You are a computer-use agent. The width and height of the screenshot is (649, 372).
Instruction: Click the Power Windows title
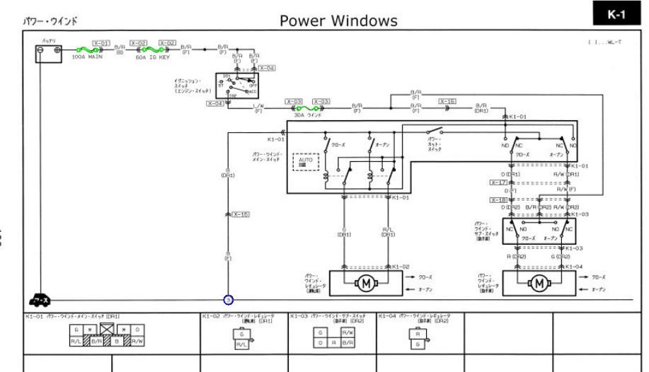tap(338, 21)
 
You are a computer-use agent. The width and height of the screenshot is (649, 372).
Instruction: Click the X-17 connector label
tap(499, 182)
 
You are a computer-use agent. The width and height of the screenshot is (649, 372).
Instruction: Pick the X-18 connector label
tap(499, 199)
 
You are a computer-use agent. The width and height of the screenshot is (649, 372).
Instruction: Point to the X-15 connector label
tap(241, 214)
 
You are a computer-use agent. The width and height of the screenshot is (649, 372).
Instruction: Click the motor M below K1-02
tap(366, 284)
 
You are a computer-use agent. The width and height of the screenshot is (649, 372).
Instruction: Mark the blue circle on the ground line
tap(229, 300)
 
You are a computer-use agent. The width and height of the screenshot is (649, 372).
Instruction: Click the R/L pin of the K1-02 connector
tap(241, 345)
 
